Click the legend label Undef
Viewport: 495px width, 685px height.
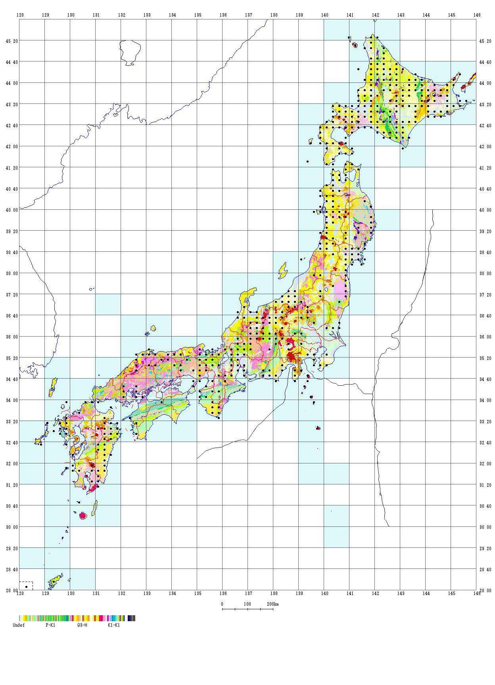19,625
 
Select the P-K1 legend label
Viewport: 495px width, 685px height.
50,625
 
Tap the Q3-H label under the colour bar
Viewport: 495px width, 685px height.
82,625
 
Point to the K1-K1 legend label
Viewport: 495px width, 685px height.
114,625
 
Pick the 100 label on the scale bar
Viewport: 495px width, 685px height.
247,604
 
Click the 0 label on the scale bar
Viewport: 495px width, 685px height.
222,604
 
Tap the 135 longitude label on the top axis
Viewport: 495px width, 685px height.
198,15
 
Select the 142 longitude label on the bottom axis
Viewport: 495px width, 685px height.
375,593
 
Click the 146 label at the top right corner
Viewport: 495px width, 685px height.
477,15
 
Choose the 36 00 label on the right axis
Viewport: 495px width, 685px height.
485,337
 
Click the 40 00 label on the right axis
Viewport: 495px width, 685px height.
485,210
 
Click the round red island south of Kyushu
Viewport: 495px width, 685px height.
83,516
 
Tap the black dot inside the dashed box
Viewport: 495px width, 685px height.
26,587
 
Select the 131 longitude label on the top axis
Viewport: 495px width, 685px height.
96,15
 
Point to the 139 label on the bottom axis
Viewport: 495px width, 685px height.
299,593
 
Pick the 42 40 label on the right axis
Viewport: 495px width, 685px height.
485,125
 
